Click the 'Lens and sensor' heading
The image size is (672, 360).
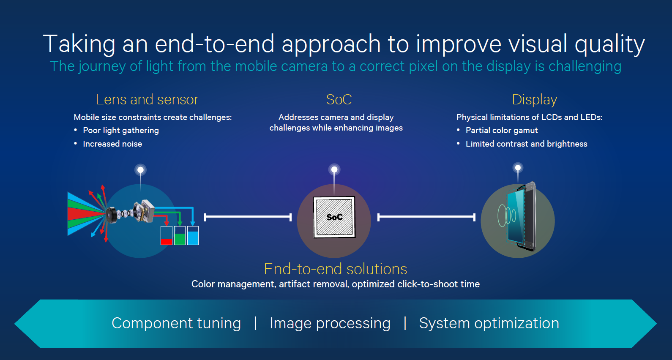[x=147, y=100]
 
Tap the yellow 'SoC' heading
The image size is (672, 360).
[x=339, y=100]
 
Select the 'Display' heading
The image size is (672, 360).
[x=534, y=100]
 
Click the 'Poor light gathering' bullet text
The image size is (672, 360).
[x=121, y=130]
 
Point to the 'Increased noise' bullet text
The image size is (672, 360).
[x=112, y=144]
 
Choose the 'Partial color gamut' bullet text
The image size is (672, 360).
[x=502, y=130]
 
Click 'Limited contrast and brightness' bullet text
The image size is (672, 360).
[x=526, y=144]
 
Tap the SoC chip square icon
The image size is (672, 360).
[x=334, y=217]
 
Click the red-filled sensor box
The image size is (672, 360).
[x=167, y=236]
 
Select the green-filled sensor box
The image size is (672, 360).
[x=180, y=236]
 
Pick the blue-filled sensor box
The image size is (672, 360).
[x=193, y=236]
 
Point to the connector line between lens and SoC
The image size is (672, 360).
[x=248, y=217]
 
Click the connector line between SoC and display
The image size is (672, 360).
[x=426, y=217]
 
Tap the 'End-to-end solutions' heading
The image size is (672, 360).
[x=336, y=269]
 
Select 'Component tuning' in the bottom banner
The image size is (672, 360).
[x=176, y=323]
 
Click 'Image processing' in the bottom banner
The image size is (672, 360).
[x=330, y=323]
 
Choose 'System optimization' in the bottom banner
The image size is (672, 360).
[x=489, y=323]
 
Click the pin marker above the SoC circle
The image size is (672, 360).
[x=334, y=170]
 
